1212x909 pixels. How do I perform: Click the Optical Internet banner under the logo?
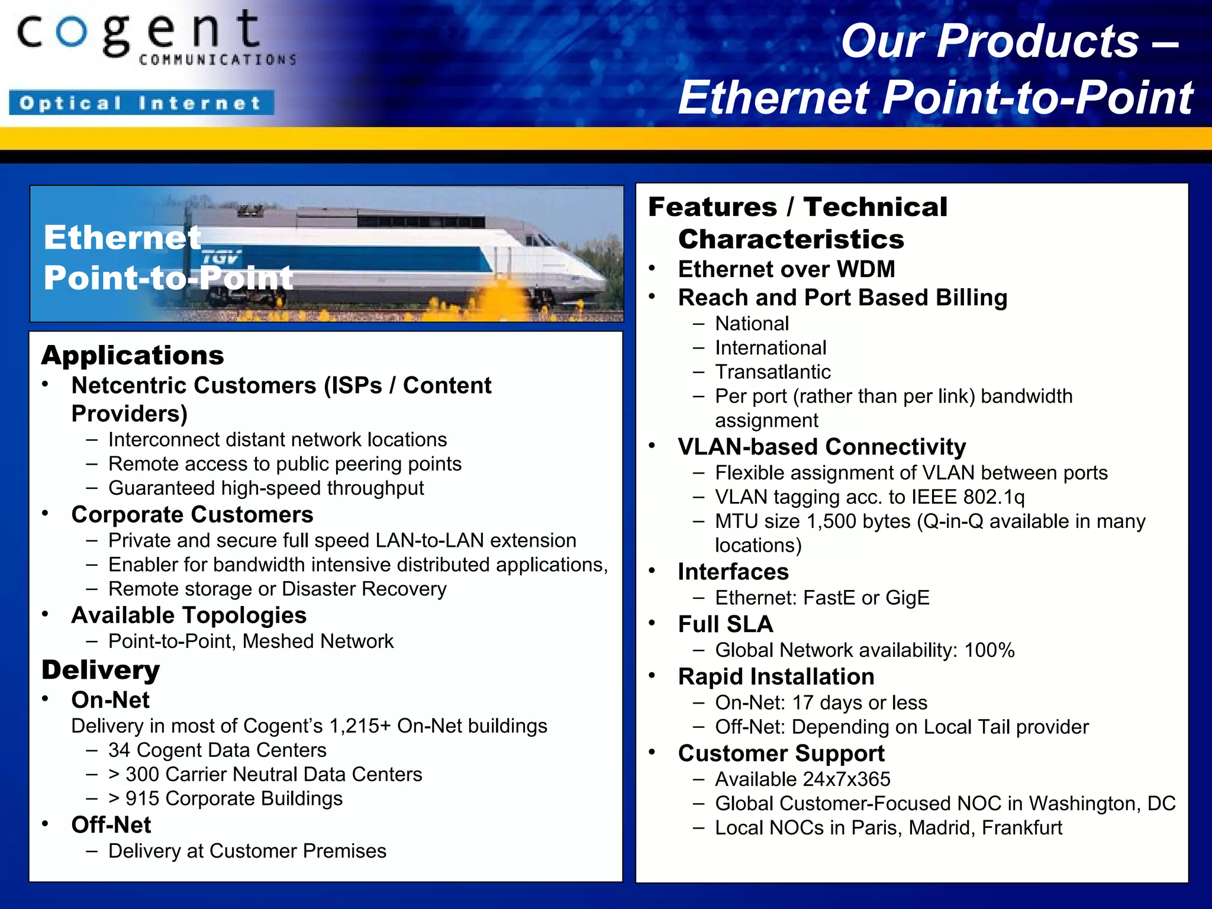click(141, 103)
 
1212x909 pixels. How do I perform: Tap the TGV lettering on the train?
click(220, 257)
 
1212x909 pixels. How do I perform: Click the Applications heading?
click(133, 355)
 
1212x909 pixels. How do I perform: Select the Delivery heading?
click(101, 670)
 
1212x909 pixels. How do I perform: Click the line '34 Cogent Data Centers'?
click(217, 750)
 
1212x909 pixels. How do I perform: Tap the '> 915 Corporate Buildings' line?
click(225, 799)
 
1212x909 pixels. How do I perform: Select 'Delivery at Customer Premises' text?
click(247, 851)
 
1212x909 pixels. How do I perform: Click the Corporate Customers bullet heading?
click(192, 515)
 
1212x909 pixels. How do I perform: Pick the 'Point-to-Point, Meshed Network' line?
click(251, 642)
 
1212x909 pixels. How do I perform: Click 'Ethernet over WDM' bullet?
click(786, 270)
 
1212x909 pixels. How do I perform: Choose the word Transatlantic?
click(773, 372)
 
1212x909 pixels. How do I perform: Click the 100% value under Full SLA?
click(989, 650)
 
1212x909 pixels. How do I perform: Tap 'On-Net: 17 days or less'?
click(821, 703)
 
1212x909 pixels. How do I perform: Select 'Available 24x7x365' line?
click(802, 779)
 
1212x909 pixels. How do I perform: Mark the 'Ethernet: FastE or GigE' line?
click(822, 598)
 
